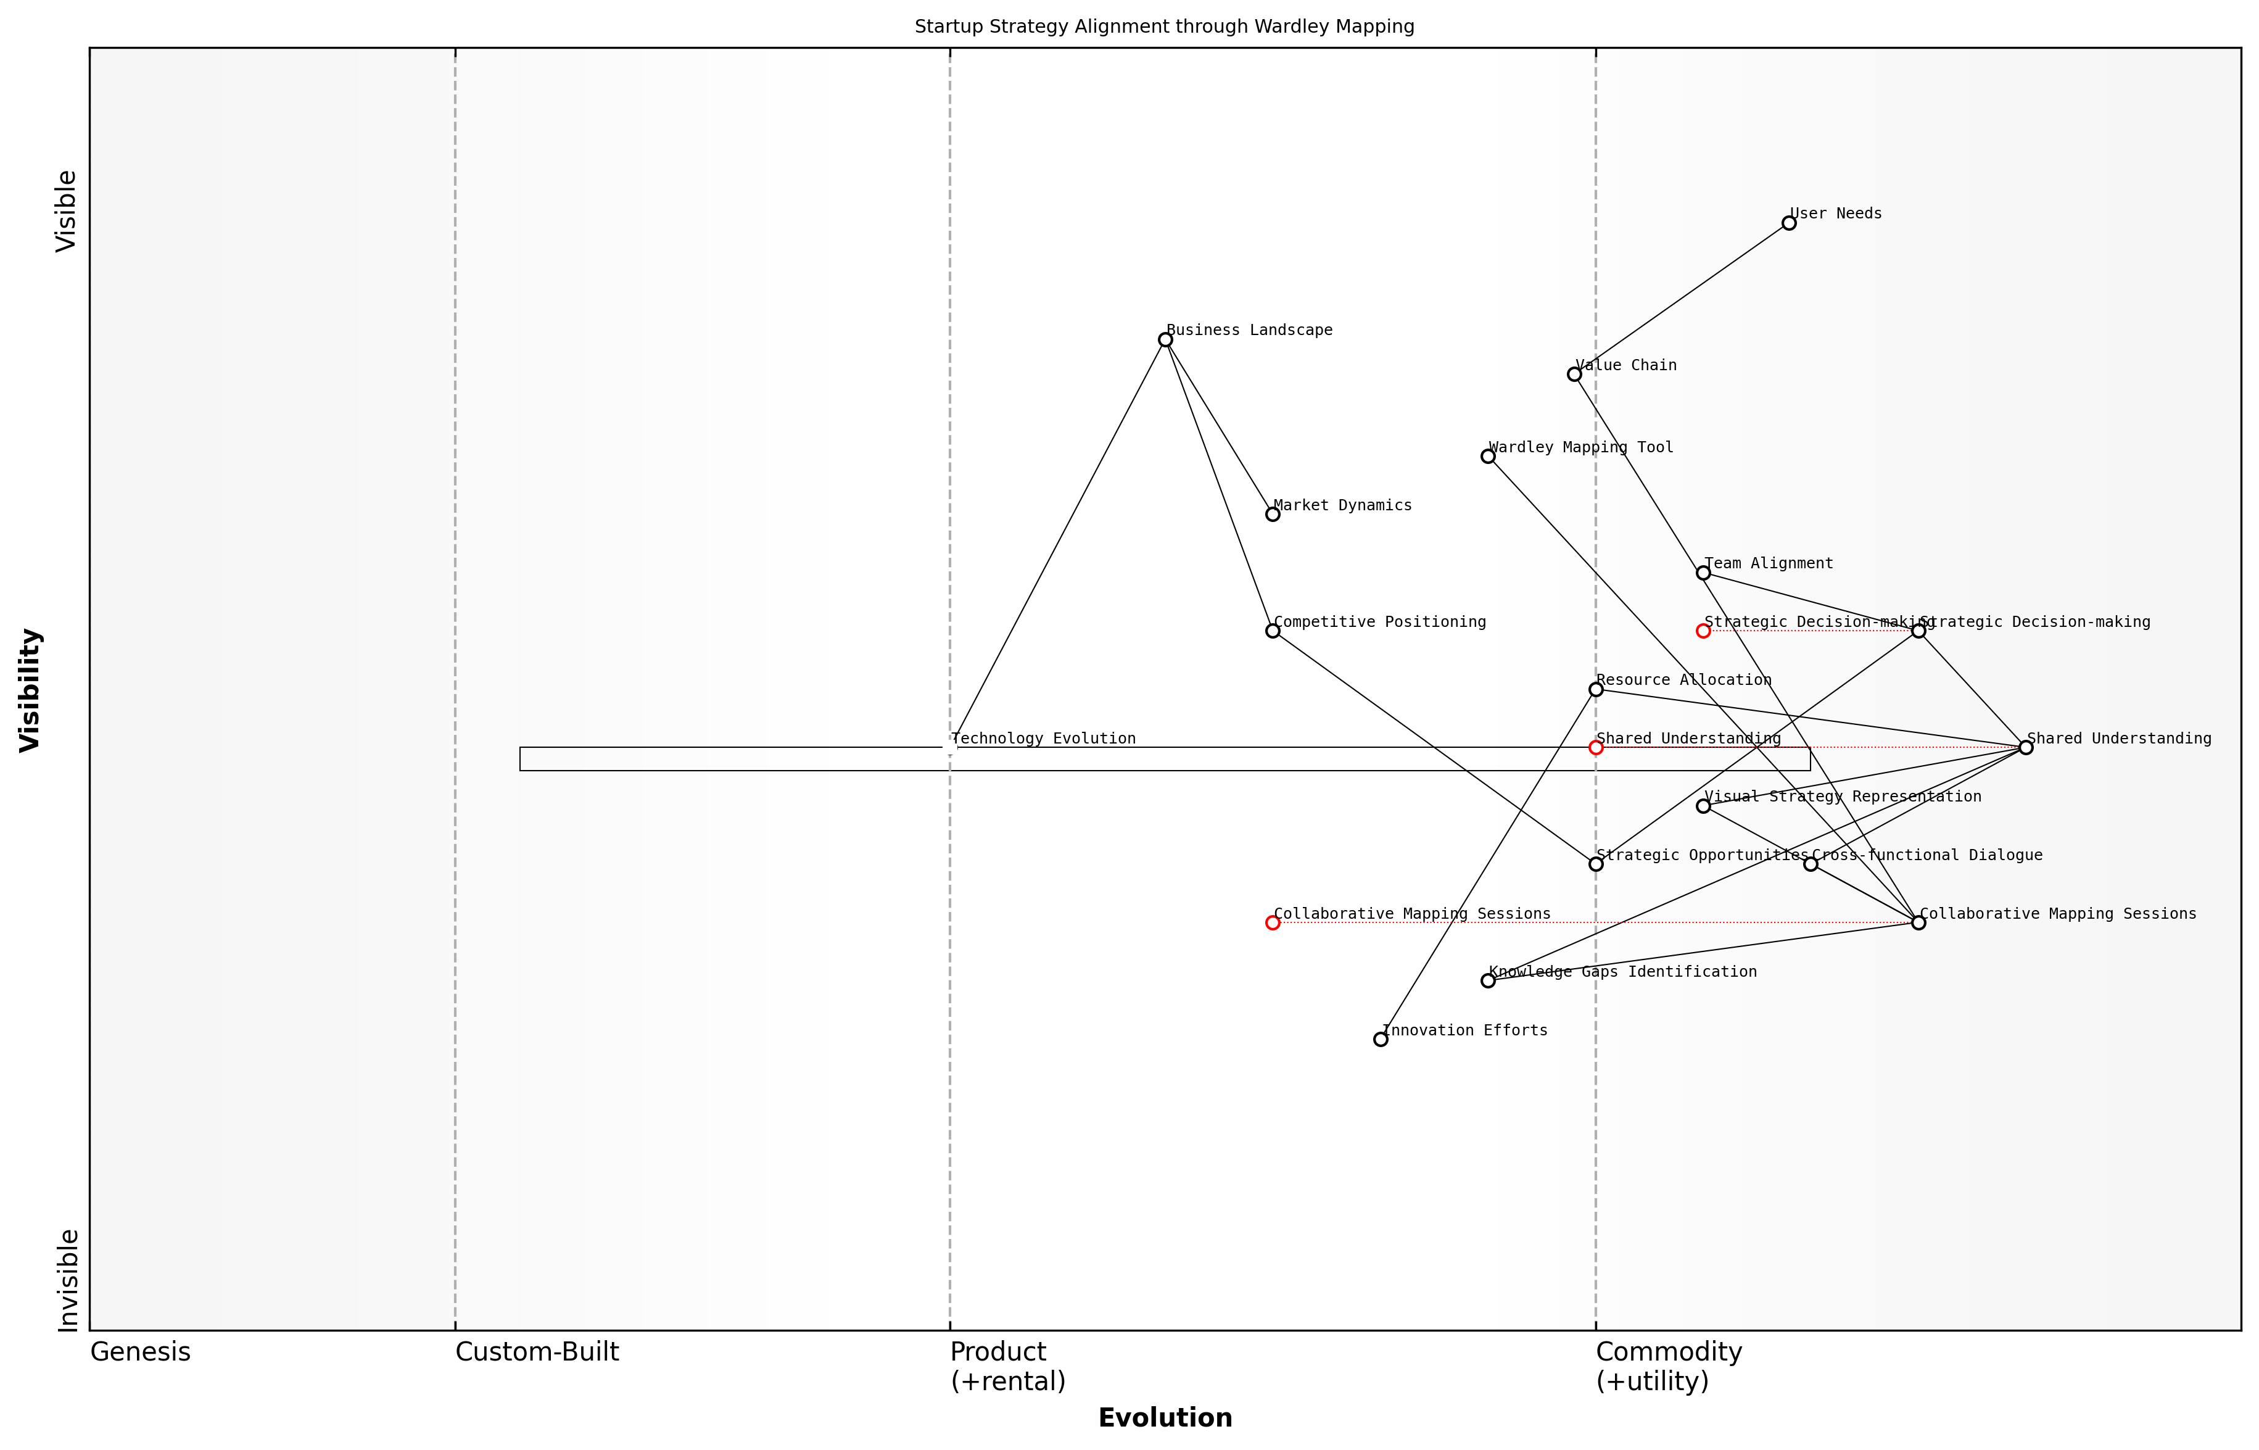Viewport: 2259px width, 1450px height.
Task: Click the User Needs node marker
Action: pos(1788,223)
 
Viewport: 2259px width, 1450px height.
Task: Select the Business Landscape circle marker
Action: pos(1165,340)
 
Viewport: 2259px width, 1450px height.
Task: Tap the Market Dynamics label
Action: pos(1342,505)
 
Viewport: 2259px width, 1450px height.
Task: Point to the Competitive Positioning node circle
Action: pos(1273,631)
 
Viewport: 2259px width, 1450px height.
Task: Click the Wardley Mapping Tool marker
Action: pos(1488,457)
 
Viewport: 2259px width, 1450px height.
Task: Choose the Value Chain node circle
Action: pos(1574,375)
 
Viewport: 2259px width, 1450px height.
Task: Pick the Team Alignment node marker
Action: pos(1703,573)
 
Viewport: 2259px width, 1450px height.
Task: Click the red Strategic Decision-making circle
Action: pos(1703,631)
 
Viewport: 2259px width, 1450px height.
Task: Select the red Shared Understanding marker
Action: pos(1595,748)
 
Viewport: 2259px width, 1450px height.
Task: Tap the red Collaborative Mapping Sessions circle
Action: pos(1273,922)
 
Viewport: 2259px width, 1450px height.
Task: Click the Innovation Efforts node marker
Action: pos(1380,1040)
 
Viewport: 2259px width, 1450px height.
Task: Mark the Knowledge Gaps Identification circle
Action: pos(1488,981)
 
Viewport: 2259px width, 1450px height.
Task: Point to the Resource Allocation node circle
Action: pos(1595,689)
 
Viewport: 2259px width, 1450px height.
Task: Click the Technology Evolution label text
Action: pos(1043,739)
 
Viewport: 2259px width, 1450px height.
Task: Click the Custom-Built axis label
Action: pos(537,1352)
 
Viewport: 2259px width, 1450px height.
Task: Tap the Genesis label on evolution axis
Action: pos(140,1352)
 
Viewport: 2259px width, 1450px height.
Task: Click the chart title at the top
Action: pos(1164,27)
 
